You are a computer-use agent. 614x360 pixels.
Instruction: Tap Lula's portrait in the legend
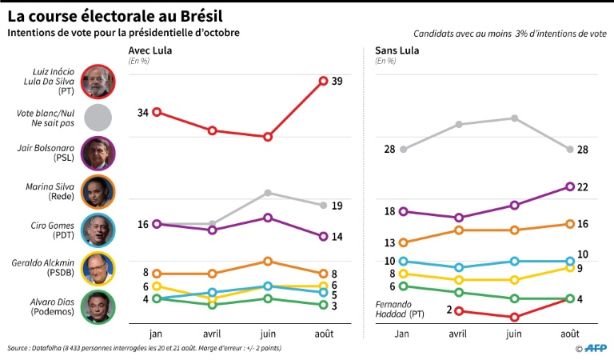point(98,80)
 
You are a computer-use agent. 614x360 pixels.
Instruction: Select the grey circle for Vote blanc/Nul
point(98,118)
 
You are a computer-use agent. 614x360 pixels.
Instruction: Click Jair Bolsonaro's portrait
point(98,154)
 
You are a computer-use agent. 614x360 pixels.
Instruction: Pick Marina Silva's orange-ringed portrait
point(98,192)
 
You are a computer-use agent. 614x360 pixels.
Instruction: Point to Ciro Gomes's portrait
point(98,230)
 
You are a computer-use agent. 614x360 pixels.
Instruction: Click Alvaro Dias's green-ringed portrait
point(98,306)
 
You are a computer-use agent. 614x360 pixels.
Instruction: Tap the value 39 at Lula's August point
point(337,82)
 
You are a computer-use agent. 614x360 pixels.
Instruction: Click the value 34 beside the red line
point(143,112)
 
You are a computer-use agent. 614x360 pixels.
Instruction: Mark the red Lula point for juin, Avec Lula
point(268,137)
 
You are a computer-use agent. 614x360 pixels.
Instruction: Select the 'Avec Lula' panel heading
point(150,51)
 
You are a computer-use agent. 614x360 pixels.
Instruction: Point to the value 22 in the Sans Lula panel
point(583,187)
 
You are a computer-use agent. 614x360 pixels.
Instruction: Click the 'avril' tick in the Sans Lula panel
point(458,332)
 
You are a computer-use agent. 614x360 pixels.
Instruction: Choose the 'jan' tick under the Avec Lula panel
point(157,332)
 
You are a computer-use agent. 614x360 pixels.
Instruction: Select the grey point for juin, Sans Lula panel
point(514,118)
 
